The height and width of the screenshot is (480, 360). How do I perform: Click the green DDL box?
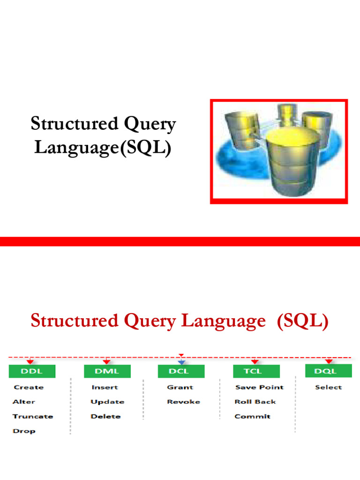click(x=32, y=371)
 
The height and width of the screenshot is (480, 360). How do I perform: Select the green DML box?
click(x=107, y=371)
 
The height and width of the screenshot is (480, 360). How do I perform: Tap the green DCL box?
click(x=181, y=371)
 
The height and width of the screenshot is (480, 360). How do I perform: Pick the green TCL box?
click(x=256, y=371)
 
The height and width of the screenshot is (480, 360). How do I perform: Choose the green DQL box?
click(x=329, y=371)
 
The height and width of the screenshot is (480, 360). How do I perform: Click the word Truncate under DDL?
click(x=33, y=416)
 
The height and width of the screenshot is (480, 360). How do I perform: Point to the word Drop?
click(x=24, y=431)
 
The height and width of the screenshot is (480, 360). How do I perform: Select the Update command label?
click(x=107, y=402)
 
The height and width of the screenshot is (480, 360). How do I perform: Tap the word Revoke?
click(x=183, y=402)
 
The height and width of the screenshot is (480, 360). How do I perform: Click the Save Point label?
click(x=259, y=387)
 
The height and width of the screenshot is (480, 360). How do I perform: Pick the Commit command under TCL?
click(x=252, y=416)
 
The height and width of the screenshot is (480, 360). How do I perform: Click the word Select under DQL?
click(x=329, y=387)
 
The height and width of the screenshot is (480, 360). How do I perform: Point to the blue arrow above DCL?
click(x=181, y=362)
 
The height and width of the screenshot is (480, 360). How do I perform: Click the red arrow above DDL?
click(x=30, y=361)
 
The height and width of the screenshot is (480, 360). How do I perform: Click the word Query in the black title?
click(x=150, y=125)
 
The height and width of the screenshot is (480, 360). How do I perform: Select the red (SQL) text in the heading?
click(x=302, y=321)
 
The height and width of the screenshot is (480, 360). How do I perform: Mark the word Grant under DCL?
click(x=180, y=387)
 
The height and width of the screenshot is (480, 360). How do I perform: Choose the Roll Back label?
click(x=255, y=402)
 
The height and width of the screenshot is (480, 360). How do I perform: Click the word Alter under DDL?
click(x=23, y=402)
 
